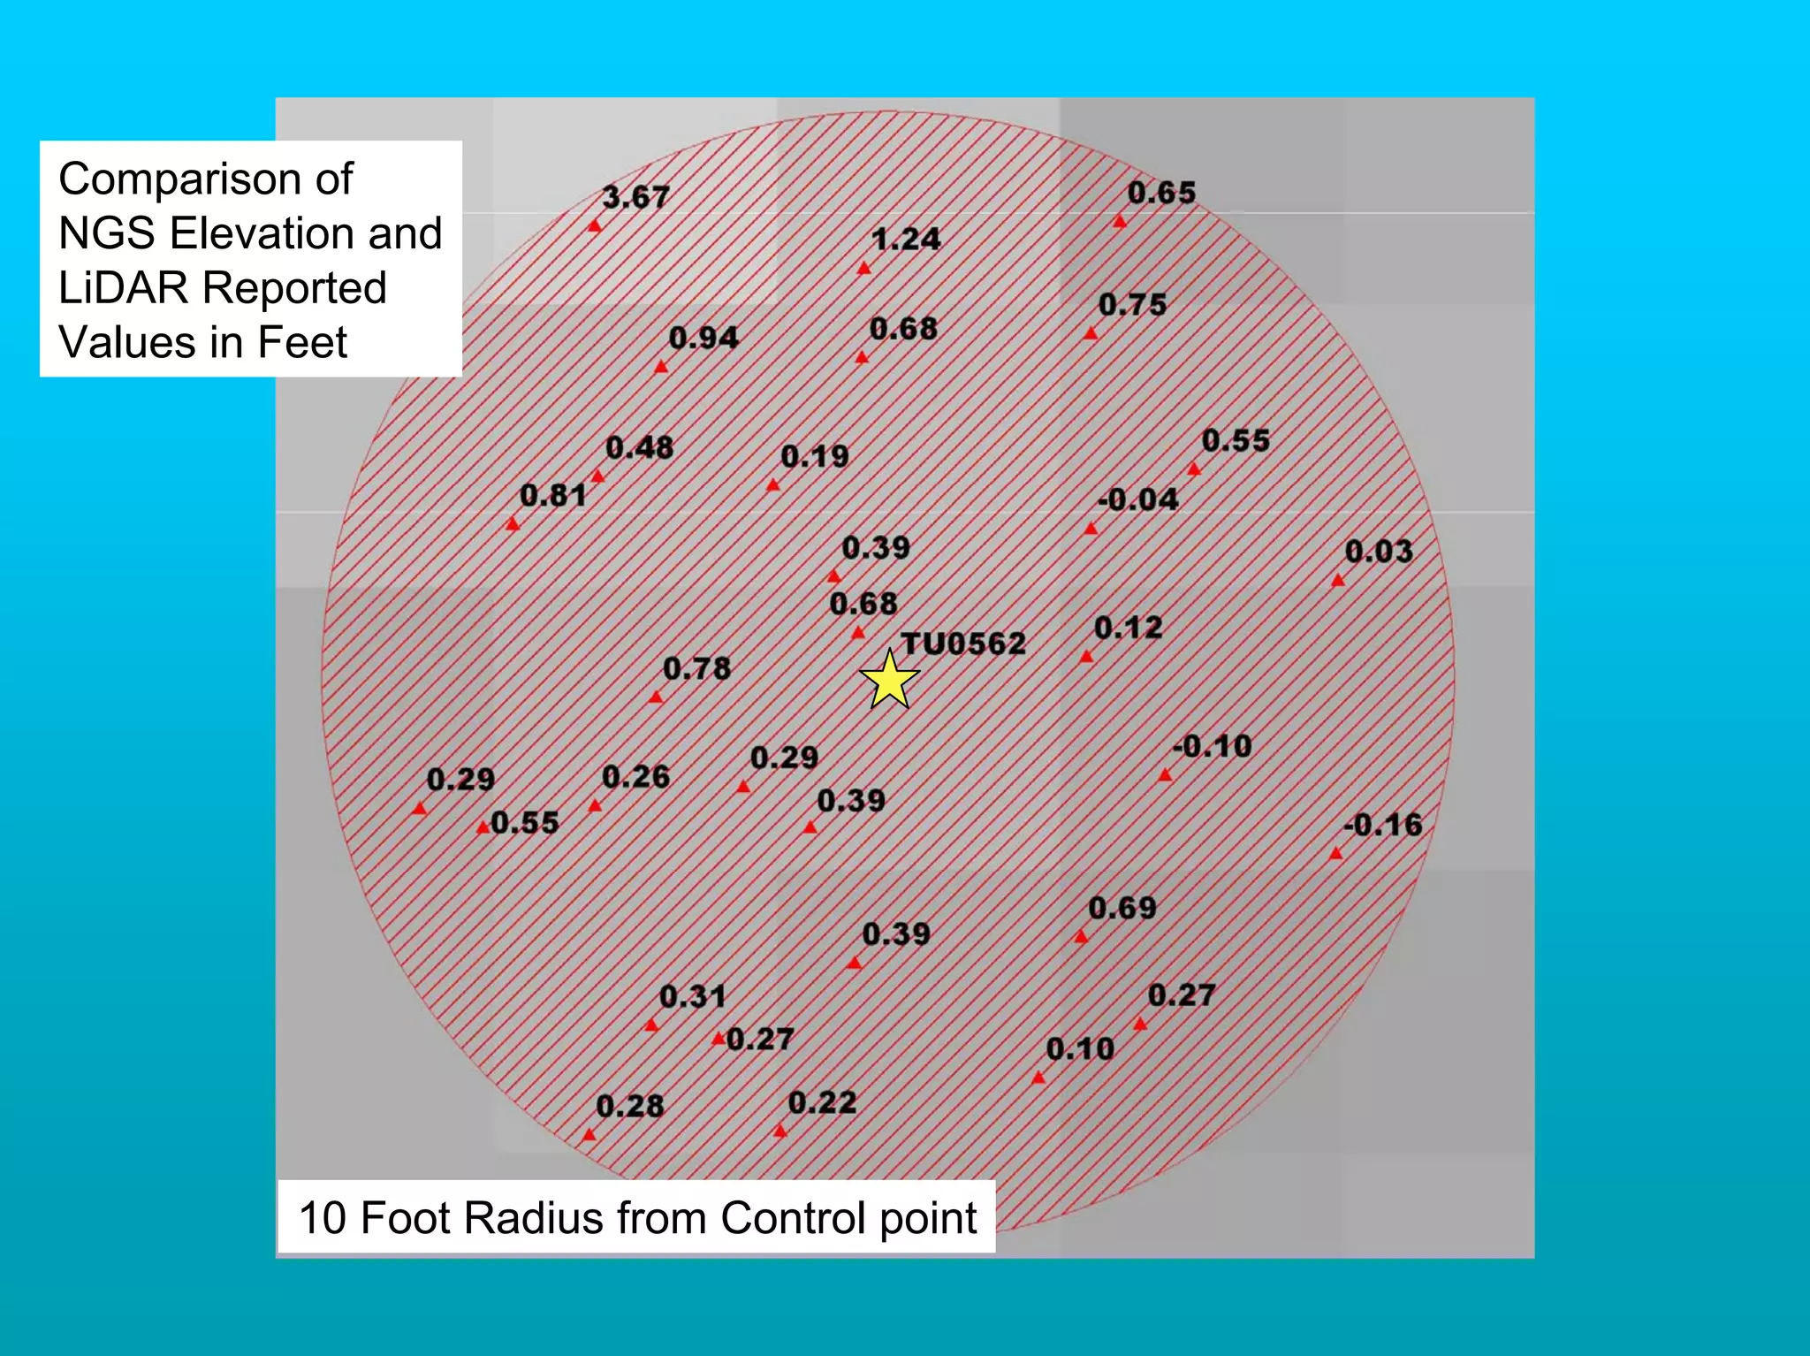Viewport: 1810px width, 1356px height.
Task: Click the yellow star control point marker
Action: [x=889, y=680]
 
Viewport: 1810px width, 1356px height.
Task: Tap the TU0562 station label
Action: [x=963, y=644]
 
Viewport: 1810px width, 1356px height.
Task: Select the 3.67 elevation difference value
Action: [x=635, y=196]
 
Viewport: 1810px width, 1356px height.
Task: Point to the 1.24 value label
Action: [x=906, y=239]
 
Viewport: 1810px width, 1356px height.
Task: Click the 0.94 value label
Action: [x=703, y=337]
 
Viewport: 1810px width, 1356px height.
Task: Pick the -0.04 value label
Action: [x=1138, y=499]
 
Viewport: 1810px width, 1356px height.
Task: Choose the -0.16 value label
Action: [x=1383, y=825]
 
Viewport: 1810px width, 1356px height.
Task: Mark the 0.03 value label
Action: [x=1379, y=552]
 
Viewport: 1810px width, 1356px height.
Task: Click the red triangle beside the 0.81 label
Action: [x=513, y=524]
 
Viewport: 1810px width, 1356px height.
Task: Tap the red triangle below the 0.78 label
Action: [x=656, y=697]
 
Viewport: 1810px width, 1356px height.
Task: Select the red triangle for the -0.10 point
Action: [x=1166, y=775]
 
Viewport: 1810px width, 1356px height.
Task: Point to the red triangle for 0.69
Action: [x=1081, y=936]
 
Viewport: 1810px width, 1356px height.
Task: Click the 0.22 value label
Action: [x=822, y=1102]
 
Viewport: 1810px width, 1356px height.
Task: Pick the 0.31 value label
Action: [x=693, y=996]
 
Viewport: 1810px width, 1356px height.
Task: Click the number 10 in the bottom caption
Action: [x=323, y=1217]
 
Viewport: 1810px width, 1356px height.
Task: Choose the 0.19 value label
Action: [x=814, y=456]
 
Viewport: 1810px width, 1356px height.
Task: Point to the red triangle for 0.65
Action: [x=1120, y=222]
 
